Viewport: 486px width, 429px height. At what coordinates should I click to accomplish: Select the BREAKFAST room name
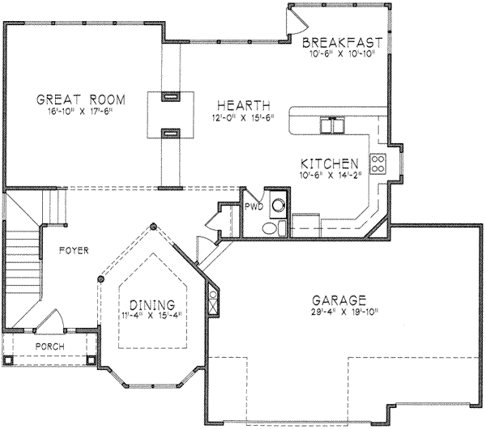(x=340, y=42)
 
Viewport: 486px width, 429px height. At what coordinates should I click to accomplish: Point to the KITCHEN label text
(x=330, y=161)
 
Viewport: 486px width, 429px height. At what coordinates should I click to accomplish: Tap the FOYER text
(x=73, y=250)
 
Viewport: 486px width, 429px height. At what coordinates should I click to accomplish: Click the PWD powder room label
(x=255, y=208)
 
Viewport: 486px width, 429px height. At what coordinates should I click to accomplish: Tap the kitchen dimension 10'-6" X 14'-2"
(x=330, y=173)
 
